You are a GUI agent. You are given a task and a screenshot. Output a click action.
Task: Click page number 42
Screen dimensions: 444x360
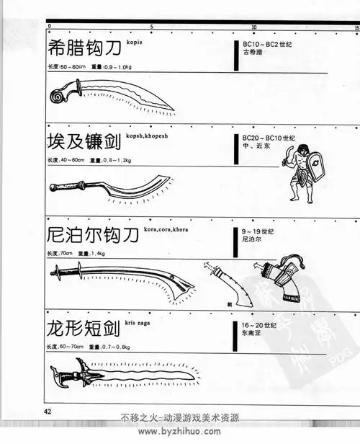48,412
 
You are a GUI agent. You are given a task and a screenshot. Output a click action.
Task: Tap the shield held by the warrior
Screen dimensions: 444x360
315,169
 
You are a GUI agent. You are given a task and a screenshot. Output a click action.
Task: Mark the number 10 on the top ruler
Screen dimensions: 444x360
253,27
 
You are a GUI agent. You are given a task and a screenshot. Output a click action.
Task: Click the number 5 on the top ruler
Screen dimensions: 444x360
151,27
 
